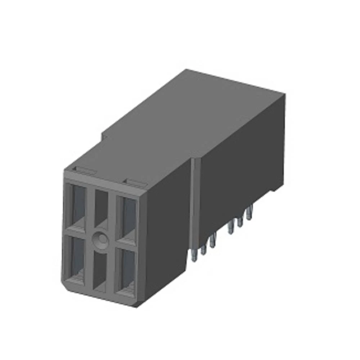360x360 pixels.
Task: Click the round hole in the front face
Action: [x=100, y=239]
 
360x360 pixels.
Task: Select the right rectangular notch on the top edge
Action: [x=137, y=182]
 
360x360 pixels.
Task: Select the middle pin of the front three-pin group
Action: [x=203, y=249]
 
